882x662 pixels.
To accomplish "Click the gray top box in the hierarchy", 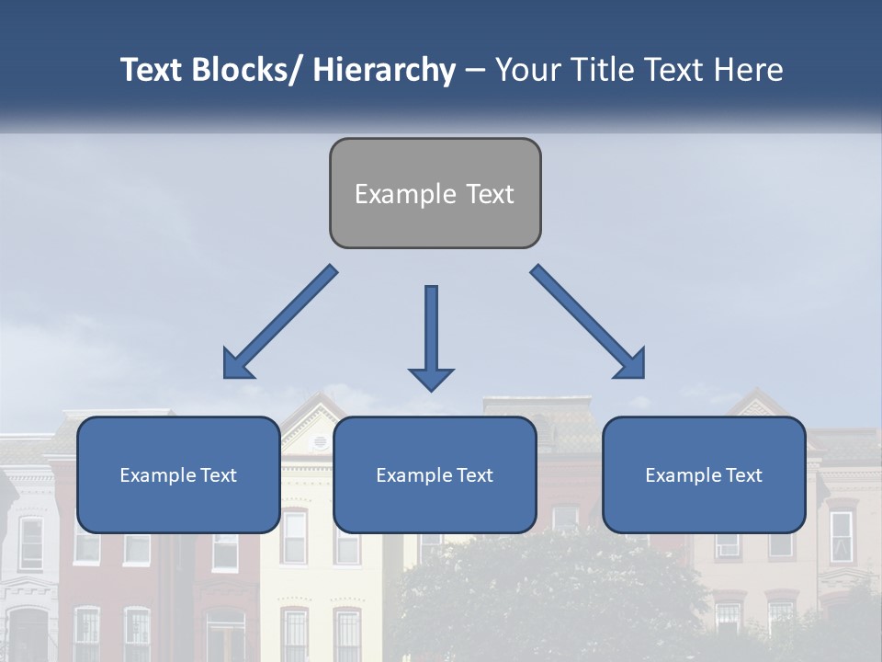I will pos(435,193).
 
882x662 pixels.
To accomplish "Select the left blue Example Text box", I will pos(178,474).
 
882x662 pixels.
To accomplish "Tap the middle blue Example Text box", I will pos(435,474).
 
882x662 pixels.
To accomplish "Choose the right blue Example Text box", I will pos(704,474).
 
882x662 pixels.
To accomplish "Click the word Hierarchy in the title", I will pos(383,70).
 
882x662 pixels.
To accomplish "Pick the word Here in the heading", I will pos(749,70).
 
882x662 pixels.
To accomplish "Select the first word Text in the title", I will pos(152,70).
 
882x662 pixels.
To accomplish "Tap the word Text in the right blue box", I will pos(743,475).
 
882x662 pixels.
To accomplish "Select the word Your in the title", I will pos(525,70).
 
